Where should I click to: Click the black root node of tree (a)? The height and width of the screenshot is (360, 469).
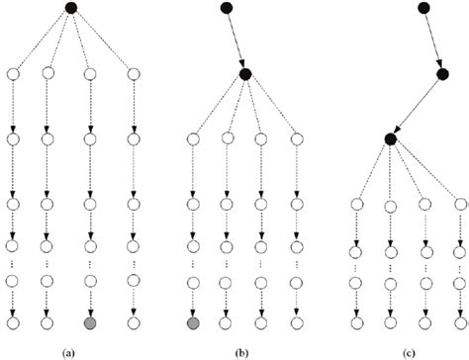tap(70, 9)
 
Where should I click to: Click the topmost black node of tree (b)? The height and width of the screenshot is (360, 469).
tap(228, 9)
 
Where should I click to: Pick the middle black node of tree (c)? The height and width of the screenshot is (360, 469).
tap(444, 73)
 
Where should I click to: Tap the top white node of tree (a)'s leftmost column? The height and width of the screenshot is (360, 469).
tap(14, 73)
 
